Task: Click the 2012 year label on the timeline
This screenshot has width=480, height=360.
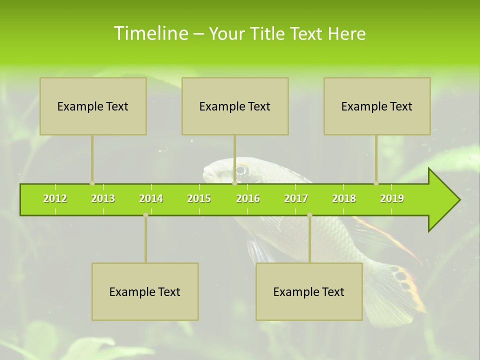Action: pyautogui.click(x=55, y=198)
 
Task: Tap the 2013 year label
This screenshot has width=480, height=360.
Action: pyautogui.click(x=103, y=198)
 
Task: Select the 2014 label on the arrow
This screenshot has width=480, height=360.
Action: pyautogui.click(x=151, y=198)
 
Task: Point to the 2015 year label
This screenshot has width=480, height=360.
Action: pyautogui.click(x=199, y=198)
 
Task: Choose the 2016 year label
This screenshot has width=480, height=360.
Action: pyautogui.click(x=248, y=198)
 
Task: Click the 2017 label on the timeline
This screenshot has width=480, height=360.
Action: pyautogui.click(x=296, y=198)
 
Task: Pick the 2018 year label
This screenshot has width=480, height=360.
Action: pyautogui.click(x=344, y=198)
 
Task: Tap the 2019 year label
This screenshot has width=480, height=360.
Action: pyautogui.click(x=392, y=198)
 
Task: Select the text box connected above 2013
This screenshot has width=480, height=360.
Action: pyautogui.click(x=93, y=106)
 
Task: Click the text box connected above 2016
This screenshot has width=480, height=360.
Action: pyautogui.click(x=235, y=106)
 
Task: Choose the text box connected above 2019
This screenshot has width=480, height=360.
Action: pyautogui.click(x=377, y=106)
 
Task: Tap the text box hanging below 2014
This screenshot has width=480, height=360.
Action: pyautogui.click(x=145, y=291)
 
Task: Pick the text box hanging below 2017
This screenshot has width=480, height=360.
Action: pyautogui.click(x=309, y=291)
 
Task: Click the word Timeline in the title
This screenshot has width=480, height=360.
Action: pyautogui.click(x=150, y=33)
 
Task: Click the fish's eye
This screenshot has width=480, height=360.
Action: pyautogui.click(x=241, y=169)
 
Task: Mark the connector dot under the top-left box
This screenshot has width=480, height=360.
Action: pyautogui.click(x=92, y=183)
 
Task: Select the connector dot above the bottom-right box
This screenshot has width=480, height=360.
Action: pyautogui.click(x=309, y=215)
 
